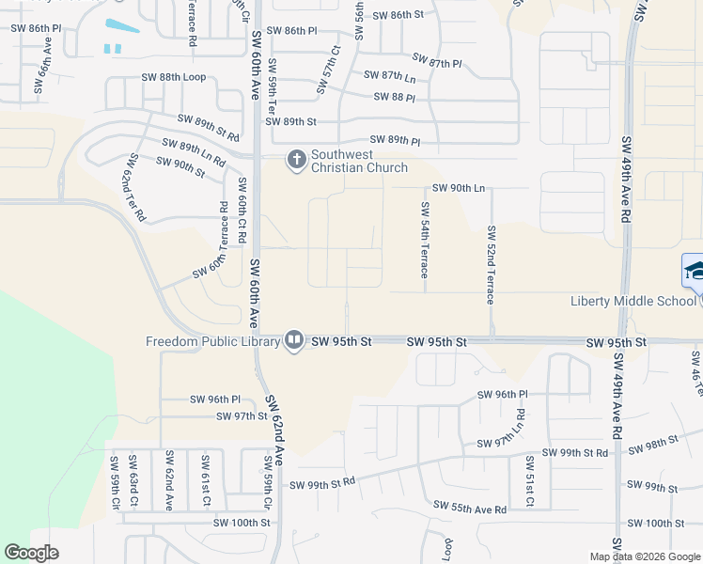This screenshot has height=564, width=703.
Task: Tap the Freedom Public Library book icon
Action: coord(293,340)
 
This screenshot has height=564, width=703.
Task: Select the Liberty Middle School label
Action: coord(633,301)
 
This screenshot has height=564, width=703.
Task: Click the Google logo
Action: coord(32,553)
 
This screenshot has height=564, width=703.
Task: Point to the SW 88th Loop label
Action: coord(173,77)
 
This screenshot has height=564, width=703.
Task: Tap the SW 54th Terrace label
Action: coord(425,239)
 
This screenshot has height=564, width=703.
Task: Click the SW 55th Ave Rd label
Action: coord(470,507)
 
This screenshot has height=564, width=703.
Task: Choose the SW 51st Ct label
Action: coord(530,481)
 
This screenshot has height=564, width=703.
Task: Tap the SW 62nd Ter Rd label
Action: coord(133,187)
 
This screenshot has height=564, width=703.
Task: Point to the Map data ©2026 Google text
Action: coord(644,556)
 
